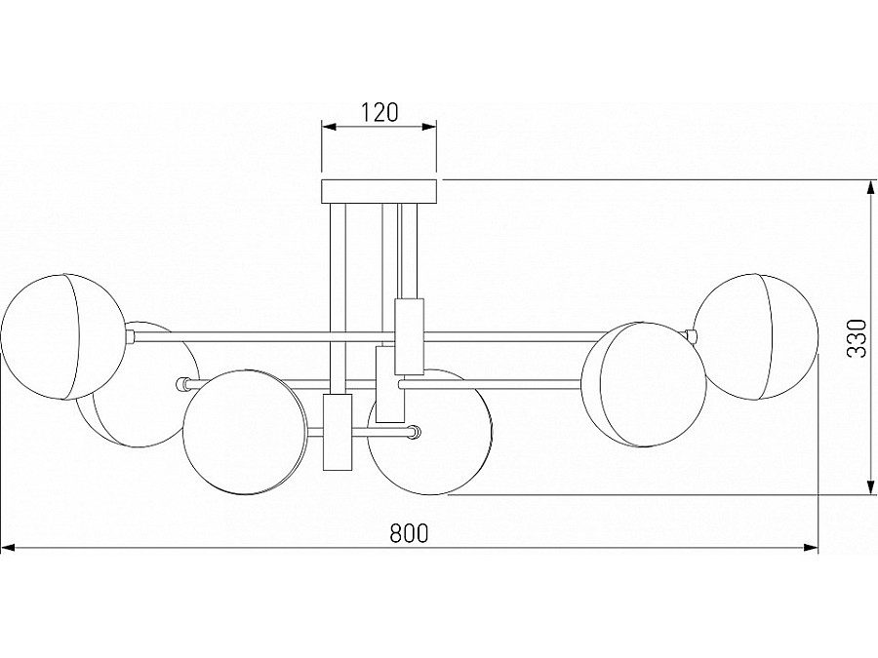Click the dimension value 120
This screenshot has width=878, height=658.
[x=379, y=112]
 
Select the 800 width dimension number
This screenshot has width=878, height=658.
[x=409, y=533]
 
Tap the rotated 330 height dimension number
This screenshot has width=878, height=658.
[x=857, y=338]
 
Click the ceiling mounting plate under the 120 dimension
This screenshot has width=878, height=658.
[x=379, y=191]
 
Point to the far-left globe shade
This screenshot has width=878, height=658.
[x=62, y=337]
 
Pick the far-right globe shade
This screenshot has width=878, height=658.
[x=755, y=337]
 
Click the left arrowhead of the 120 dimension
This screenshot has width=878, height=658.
[x=329, y=128]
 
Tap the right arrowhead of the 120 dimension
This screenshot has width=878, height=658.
[x=429, y=128]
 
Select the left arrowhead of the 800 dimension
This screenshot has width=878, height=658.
[x=9, y=549]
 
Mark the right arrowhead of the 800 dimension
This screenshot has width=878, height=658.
[x=811, y=549]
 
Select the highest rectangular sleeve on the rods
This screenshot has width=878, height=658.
[x=410, y=336]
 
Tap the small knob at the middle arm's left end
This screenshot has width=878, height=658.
[x=181, y=384]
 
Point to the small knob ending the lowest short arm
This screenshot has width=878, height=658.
[x=415, y=432]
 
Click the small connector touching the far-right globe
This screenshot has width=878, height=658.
[x=692, y=336]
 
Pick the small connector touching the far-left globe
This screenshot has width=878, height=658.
[x=130, y=336]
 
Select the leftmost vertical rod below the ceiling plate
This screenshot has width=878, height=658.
[x=338, y=298]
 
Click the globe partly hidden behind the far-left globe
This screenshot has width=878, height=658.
[x=138, y=384]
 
